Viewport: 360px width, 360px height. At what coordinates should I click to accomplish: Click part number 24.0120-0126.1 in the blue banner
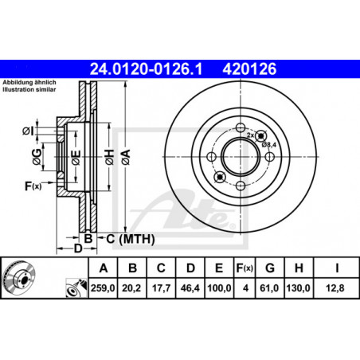(146, 69)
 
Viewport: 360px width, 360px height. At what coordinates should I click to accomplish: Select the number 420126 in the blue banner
(249, 69)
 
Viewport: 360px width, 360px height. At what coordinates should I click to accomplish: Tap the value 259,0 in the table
(103, 288)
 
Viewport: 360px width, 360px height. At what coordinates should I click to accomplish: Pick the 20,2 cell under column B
(131, 288)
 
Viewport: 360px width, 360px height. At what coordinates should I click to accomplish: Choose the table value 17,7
(161, 288)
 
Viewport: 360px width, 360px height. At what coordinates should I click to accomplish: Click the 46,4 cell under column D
(190, 288)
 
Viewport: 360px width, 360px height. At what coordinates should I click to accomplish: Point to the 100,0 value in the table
(219, 288)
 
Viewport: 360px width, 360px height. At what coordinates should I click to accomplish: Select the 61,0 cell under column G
(269, 288)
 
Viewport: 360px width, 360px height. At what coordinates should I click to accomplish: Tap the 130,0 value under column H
(298, 288)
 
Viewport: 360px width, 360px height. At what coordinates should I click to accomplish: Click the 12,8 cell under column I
(335, 288)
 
